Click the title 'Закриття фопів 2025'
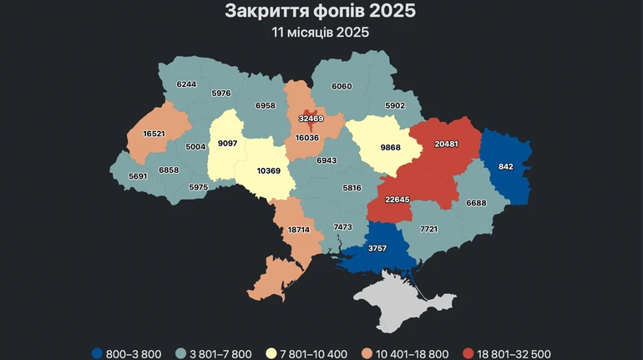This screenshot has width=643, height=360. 321,12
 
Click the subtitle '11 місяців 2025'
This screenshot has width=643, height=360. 321,33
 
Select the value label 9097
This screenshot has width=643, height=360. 227,143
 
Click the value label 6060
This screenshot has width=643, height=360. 347,86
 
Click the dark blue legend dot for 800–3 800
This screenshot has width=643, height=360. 97,353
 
